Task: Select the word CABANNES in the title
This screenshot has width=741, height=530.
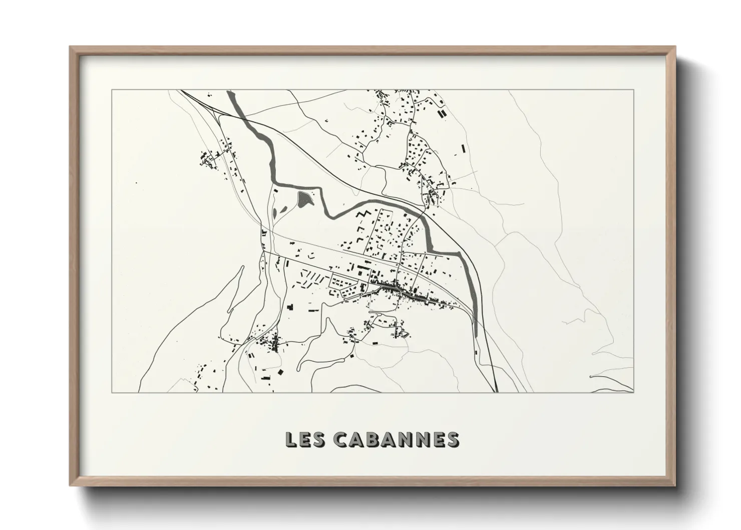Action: click(x=396, y=439)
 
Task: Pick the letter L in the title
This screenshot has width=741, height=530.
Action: click(x=290, y=439)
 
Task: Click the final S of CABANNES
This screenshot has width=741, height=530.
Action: click(x=452, y=439)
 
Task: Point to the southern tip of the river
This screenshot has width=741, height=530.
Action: click(x=476, y=335)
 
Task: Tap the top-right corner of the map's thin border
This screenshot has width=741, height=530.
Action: click(x=634, y=90)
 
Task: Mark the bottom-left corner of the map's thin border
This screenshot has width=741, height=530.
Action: click(x=111, y=392)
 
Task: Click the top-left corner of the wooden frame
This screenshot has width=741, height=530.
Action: click(x=70, y=47)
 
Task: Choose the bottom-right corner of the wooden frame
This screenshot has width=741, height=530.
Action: click(x=675, y=487)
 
